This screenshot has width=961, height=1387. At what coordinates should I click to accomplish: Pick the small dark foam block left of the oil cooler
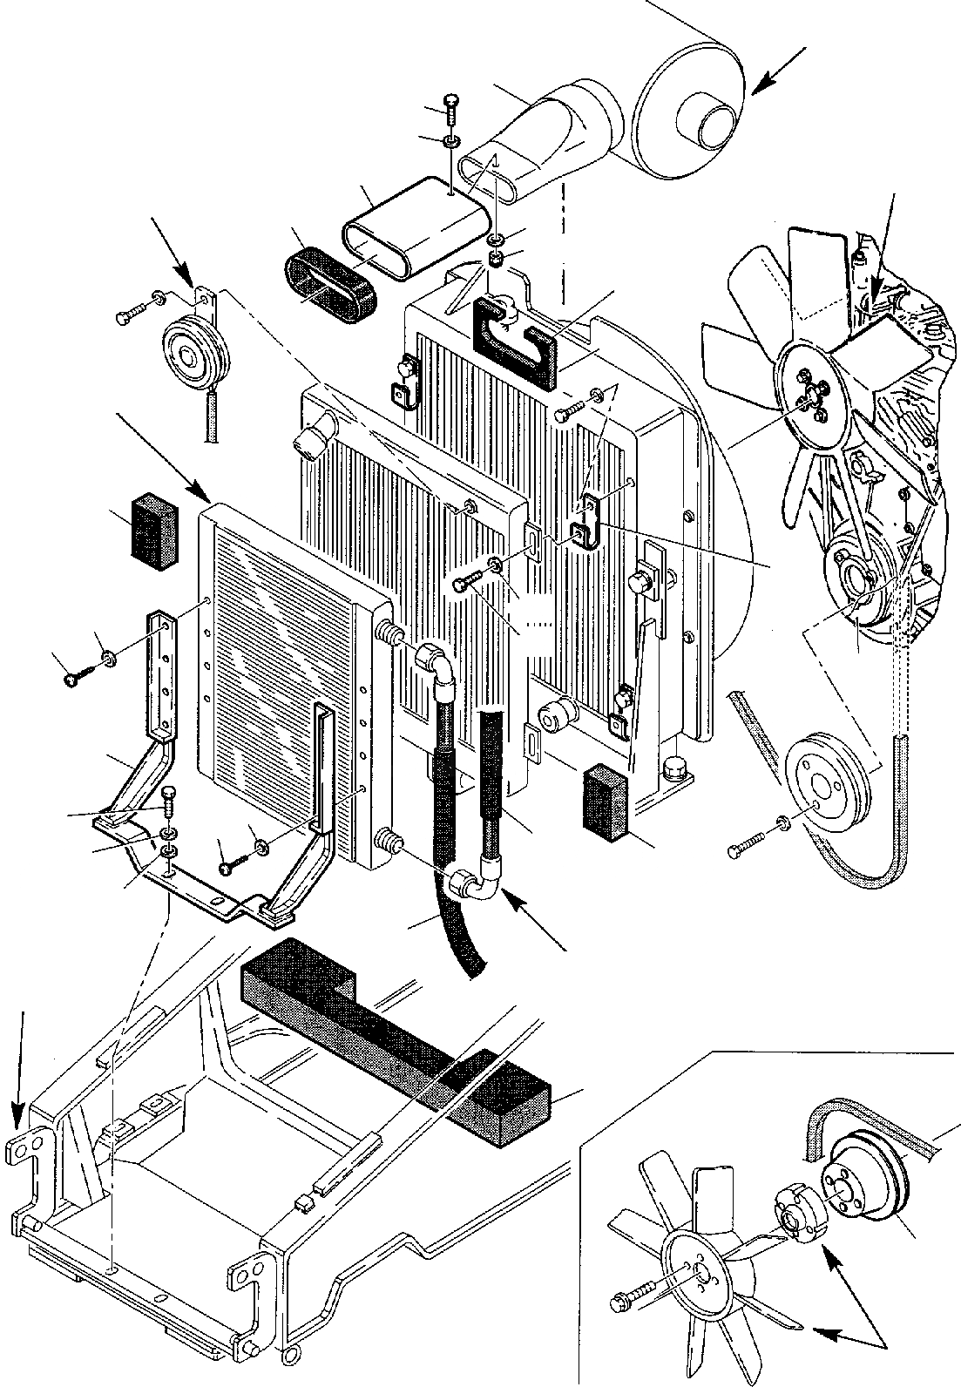click(154, 528)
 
